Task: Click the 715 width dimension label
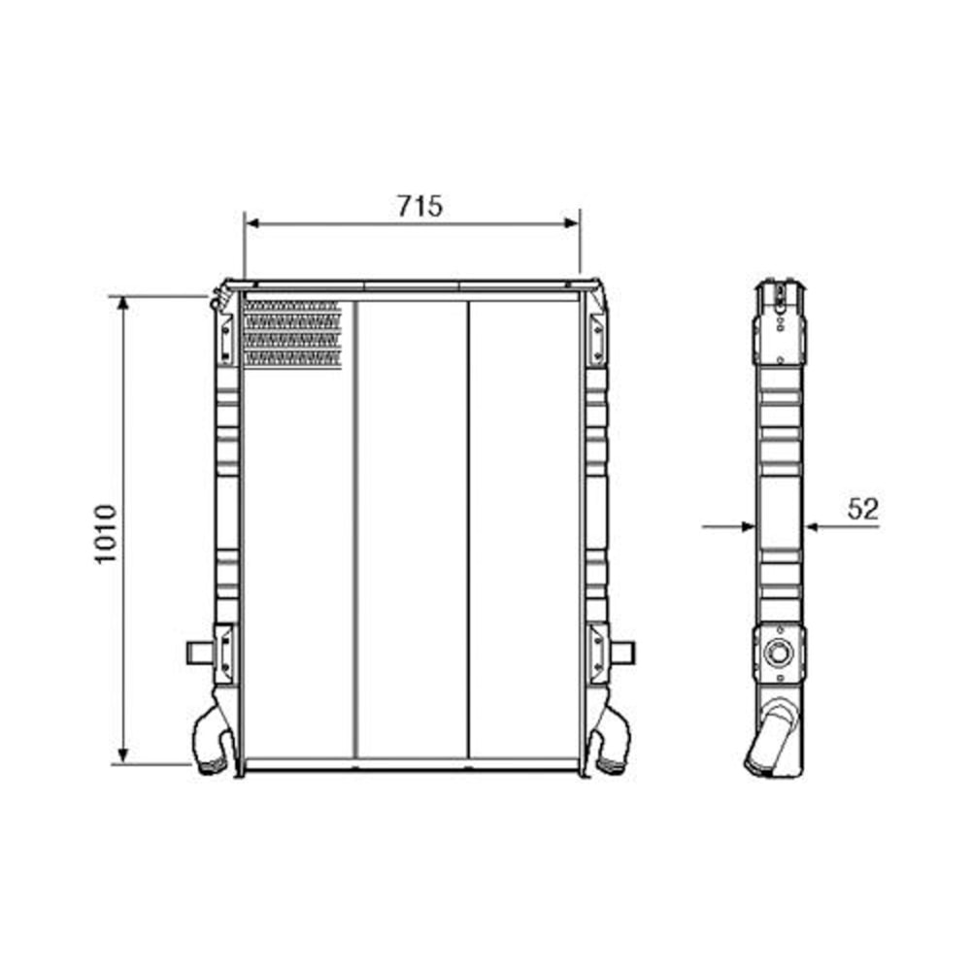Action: [419, 206]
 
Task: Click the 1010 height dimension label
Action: [106, 533]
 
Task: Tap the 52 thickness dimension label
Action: [862, 509]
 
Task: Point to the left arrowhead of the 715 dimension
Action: [251, 223]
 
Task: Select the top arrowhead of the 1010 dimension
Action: [123, 303]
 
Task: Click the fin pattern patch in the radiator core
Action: [292, 333]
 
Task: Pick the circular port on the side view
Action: [778, 653]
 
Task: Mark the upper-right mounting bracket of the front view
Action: [596, 338]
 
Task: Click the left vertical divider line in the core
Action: [356, 529]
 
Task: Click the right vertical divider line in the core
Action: [469, 529]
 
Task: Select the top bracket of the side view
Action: [779, 320]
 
